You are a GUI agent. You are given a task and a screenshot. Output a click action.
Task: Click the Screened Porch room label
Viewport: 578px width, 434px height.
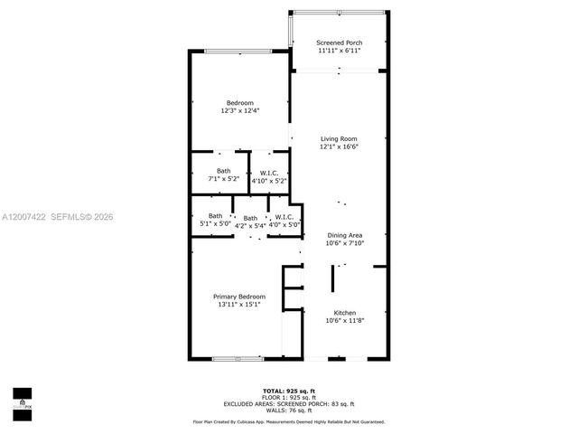pyautogui.click(x=340, y=42)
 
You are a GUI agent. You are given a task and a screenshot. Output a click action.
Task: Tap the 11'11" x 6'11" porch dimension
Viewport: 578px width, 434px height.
pyautogui.click(x=340, y=51)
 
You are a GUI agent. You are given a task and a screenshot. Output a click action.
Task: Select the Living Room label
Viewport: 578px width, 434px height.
pyautogui.click(x=340, y=138)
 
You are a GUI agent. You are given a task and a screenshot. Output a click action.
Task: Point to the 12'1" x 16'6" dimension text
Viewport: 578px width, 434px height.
pyautogui.click(x=340, y=146)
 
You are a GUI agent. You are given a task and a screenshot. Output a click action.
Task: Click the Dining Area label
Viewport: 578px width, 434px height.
pyautogui.click(x=345, y=235)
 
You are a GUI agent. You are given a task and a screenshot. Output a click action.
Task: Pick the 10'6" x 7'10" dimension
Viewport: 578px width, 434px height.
pyautogui.click(x=345, y=243)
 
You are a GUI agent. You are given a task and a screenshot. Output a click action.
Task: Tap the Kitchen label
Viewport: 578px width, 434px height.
pyautogui.click(x=345, y=312)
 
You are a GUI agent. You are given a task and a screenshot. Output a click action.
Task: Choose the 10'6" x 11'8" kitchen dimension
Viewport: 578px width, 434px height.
pyautogui.click(x=345, y=320)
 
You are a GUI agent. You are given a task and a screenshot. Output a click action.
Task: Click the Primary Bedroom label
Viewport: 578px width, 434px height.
pyautogui.click(x=239, y=297)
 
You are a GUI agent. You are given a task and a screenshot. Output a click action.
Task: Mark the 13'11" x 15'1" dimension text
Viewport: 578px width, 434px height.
pyautogui.click(x=239, y=305)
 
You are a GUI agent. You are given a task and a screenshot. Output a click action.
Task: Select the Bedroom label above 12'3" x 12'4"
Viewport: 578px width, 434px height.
pyautogui.click(x=239, y=102)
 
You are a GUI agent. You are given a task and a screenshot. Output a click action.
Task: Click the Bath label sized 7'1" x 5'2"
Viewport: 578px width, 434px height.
pyautogui.click(x=223, y=171)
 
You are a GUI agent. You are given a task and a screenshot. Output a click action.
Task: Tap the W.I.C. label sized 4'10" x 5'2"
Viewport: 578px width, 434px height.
pyautogui.click(x=268, y=173)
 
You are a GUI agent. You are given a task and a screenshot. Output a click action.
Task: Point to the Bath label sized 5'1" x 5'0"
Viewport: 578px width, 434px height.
pyautogui.click(x=215, y=215)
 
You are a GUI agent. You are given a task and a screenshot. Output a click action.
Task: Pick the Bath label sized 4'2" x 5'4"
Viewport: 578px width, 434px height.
pyautogui.click(x=250, y=218)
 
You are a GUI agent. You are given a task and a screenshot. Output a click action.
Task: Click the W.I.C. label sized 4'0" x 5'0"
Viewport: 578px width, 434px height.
pyautogui.click(x=283, y=216)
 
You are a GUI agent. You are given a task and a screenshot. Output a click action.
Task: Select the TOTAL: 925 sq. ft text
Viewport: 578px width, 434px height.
pyautogui.click(x=289, y=388)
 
